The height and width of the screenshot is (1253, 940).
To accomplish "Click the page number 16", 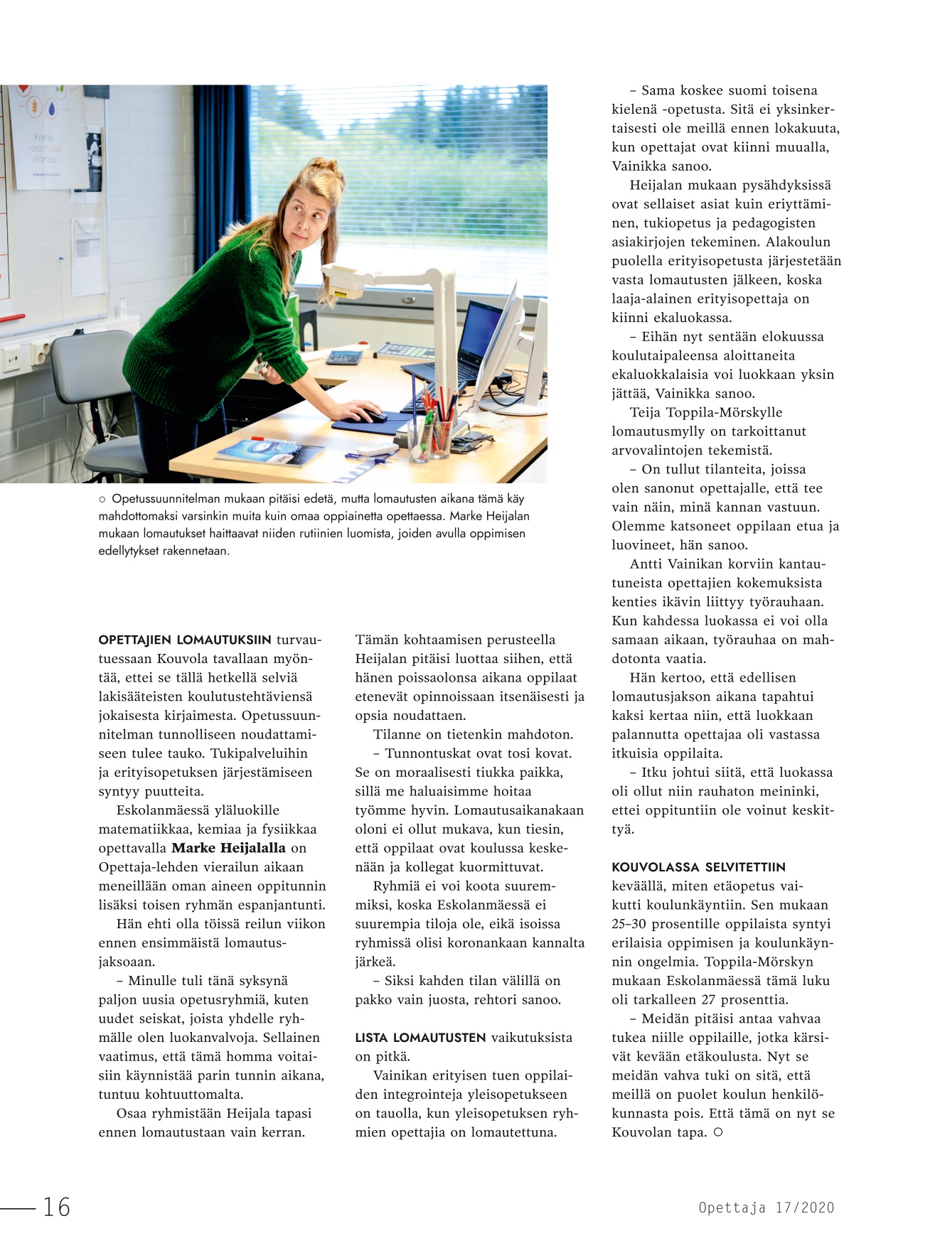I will [x=57, y=1206].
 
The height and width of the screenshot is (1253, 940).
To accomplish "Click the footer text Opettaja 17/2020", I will [x=766, y=1207].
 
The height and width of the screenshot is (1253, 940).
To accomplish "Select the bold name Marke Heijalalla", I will [x=228, y=848].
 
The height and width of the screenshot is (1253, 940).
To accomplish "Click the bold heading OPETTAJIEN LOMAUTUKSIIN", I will [x=185, y=640].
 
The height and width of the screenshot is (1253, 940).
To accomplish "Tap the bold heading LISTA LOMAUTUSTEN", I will [x=420, y=1038].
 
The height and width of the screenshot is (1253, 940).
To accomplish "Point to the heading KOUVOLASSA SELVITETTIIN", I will [x=698, y=867].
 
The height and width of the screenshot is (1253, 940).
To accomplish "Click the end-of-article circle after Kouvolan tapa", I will [x=718, y=1132].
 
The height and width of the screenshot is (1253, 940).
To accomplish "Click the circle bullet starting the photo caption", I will [x=102, y=500].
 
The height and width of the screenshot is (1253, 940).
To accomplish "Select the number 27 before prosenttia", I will [x=709, y=999].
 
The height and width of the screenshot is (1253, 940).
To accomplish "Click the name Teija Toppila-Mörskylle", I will [x=705, y=412].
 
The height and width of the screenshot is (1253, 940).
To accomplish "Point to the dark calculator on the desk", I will [x=343, y=357].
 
